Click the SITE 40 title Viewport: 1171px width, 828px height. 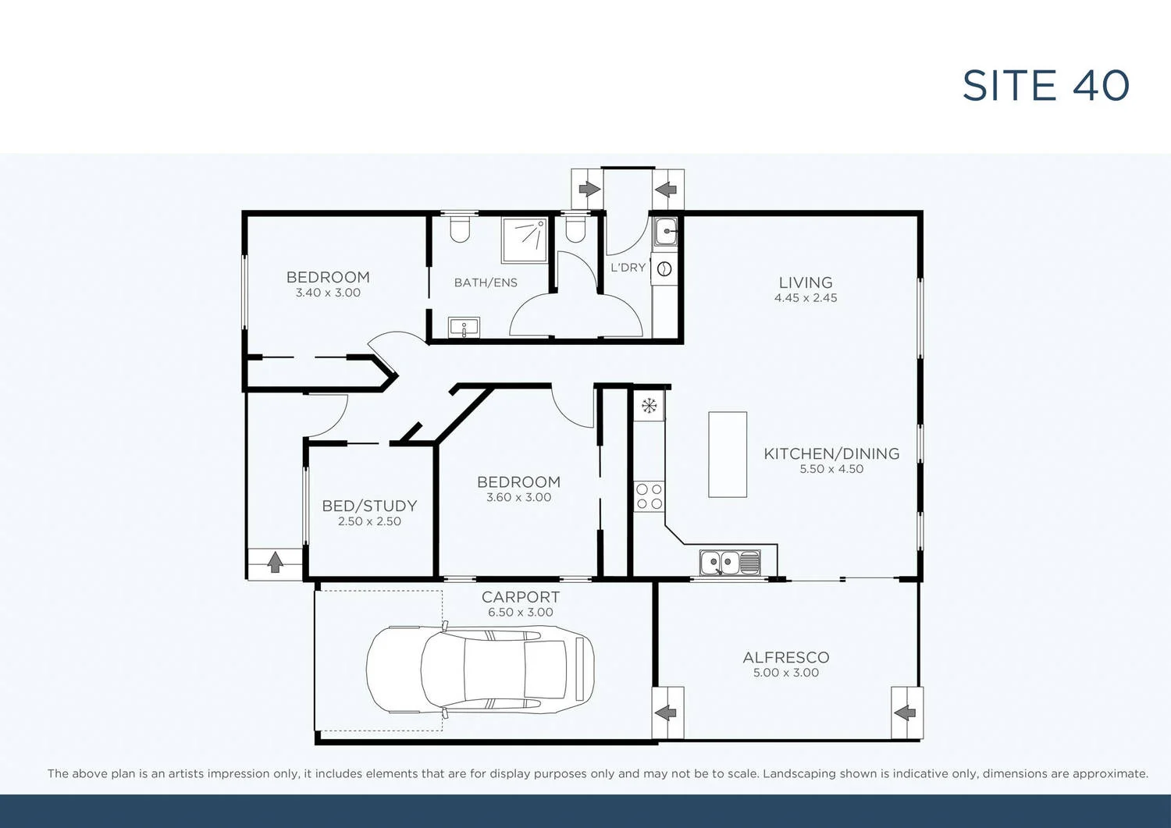(1045, 86)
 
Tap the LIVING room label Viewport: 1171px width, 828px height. (805, 283)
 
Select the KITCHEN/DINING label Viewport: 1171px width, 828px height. (831, 453)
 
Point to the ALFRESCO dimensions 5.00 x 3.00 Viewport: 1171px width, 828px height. (785, 673)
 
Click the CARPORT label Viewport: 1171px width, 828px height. (520, 597)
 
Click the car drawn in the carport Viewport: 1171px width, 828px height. (480, 670)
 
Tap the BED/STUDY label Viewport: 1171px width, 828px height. (369, 506)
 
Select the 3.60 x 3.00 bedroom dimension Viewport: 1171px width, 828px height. (518, 497)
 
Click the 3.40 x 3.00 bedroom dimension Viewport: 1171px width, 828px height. (328, 293)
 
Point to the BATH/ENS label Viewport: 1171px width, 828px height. (486, 283)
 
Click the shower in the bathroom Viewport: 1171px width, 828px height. (525, 240)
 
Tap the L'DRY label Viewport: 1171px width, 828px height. (628, 268)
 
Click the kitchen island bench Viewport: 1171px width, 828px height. (728, 454)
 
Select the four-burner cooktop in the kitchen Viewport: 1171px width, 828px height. (649, 496)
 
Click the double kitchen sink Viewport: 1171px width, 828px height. (730, 562)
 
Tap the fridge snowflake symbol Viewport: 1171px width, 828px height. (649, 406)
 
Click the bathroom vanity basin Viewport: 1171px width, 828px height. (464, 327)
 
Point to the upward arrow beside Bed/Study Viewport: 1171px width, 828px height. (275, 563)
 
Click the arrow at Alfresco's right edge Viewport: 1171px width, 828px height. (906, 713)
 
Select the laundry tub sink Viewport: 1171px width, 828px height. (665, 232)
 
